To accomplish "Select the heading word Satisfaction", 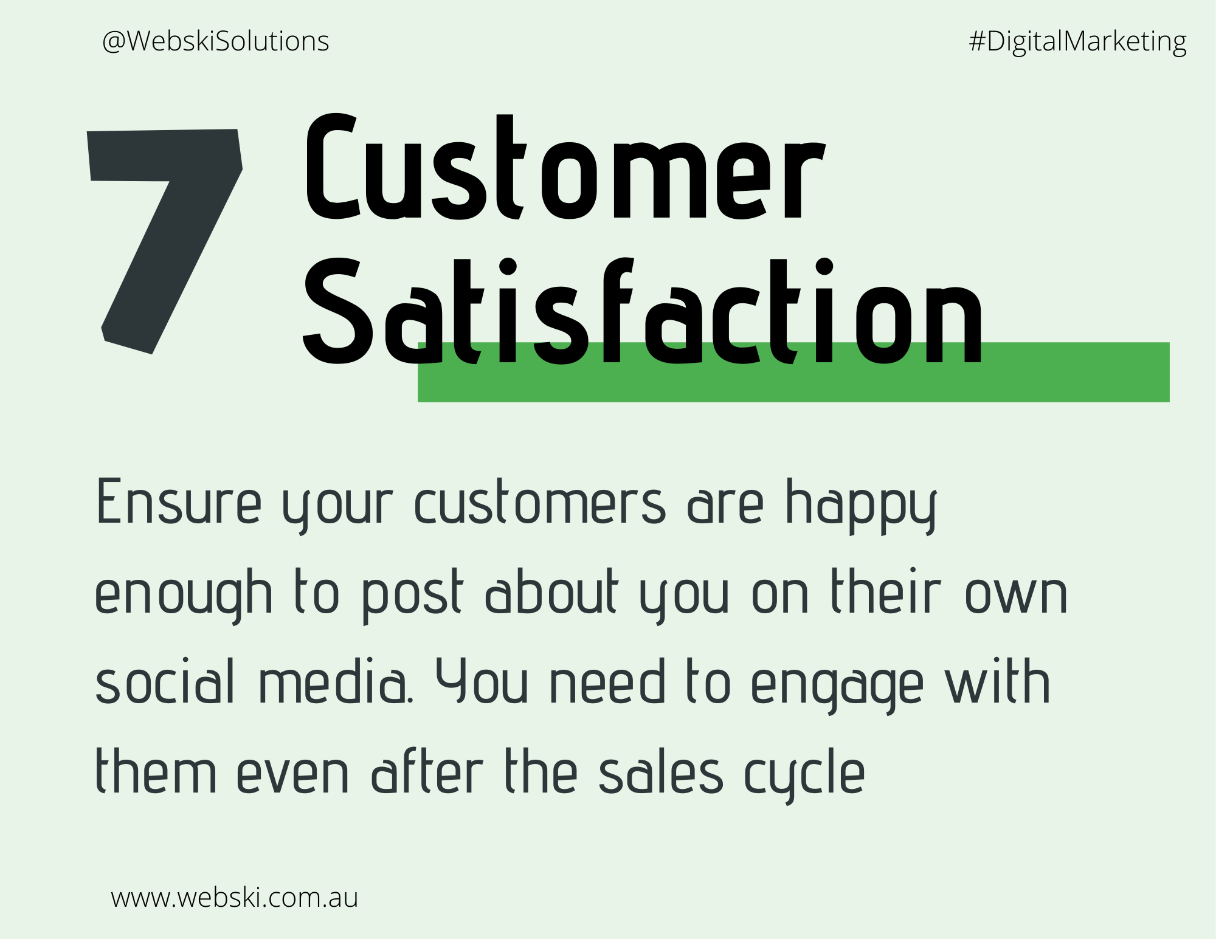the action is (643, 312).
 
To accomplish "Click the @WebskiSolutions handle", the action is (216, 41).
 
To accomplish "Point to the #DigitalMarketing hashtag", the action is (1077, 42).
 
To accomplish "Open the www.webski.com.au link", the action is (235, 898).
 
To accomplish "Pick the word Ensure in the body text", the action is (179, 501).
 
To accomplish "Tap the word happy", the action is (861, 506).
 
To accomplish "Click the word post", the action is (413, 596).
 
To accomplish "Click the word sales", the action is (661, 771).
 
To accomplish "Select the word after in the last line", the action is (427, 771).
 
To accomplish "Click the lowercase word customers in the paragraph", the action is (540, 502).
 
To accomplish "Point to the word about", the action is (552, 591).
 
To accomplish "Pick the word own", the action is (1016, 596).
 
